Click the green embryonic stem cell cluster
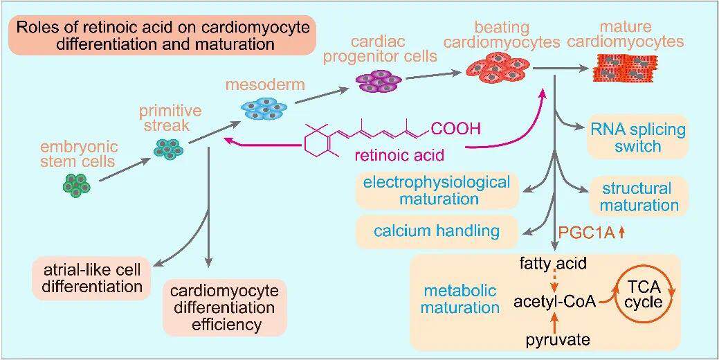click(77, 184)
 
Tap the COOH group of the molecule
click(455, 129)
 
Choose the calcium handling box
click(437, 231)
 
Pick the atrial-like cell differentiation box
click(91, 276)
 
